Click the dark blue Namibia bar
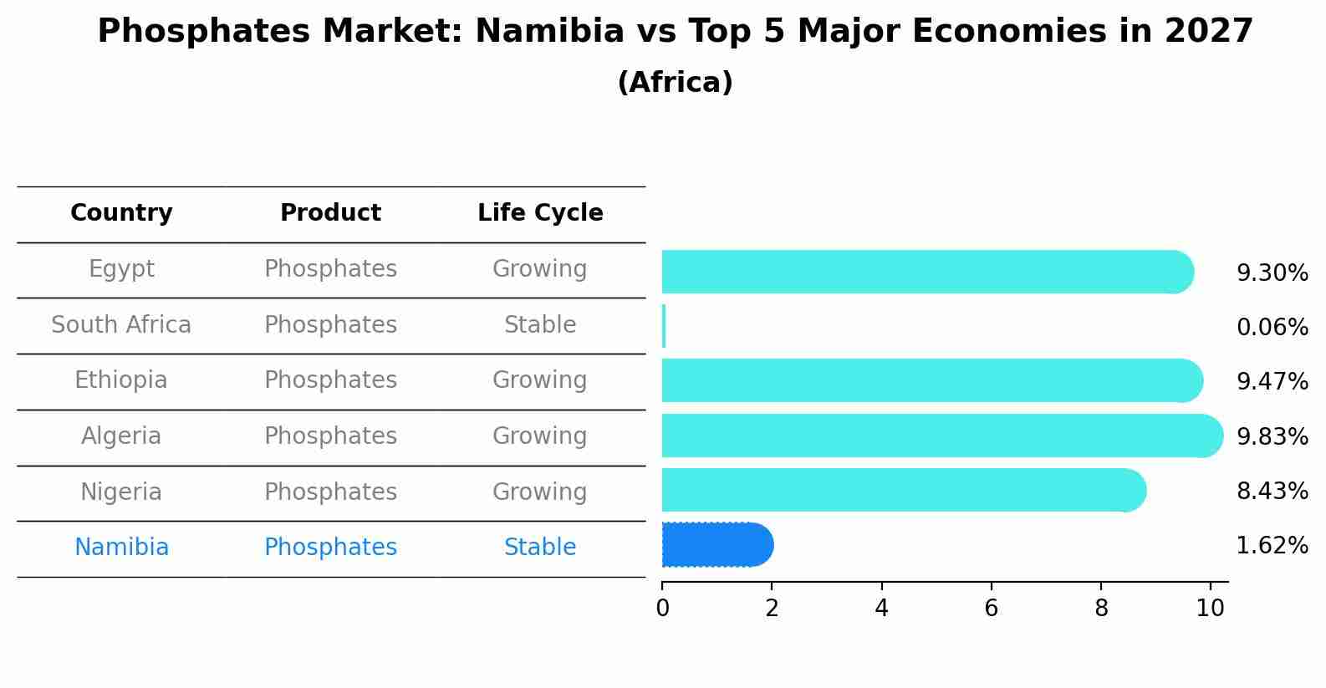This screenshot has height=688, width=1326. pos(717,545)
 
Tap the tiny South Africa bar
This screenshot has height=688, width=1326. pos(664,326)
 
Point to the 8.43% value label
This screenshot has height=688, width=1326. pos(1272,492)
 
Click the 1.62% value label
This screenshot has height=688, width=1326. pos(1272,547)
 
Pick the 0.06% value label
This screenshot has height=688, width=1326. pos(1272,328)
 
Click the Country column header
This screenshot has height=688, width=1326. pos(121,213)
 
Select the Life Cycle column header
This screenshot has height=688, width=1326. pos(540,213)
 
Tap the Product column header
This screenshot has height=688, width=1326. pos(330,213)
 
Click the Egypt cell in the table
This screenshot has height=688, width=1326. pos(121,269)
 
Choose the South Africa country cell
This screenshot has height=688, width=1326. pos(121,325)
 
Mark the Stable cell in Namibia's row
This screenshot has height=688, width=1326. pos(540,548)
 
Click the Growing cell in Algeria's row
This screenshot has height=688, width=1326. pos(540,436)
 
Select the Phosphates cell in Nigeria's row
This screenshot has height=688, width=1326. pos(330,492)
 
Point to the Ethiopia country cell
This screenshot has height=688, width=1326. pos(121,380)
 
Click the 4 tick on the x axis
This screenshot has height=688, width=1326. pos(881,609)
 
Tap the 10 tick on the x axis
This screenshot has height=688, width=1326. pos(1210,609)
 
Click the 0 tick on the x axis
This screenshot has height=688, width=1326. pos(662,609)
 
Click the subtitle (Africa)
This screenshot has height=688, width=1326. pos(675,83)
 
